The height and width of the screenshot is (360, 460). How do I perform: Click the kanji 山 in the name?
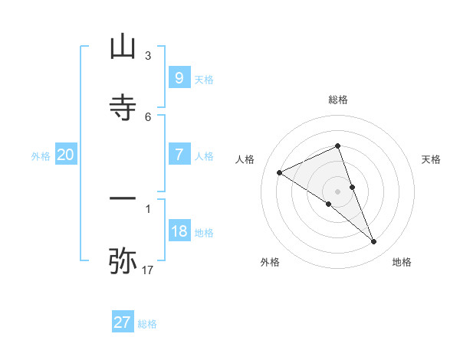coord(123,48)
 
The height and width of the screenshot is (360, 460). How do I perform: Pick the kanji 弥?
coord(123,260)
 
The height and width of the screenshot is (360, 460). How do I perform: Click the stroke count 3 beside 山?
coord(148,56)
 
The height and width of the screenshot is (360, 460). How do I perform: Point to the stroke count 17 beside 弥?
coord(148,270)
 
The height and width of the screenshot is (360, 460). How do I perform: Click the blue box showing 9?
coord(179,78)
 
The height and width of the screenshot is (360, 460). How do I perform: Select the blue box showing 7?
coord(179,155)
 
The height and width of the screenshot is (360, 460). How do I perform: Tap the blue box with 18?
coord(179,231)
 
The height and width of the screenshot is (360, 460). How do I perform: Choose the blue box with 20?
coord(65,155)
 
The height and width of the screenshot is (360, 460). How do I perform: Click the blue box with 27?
coord(122,322)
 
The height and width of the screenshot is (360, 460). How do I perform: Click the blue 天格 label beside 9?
coord(204,80)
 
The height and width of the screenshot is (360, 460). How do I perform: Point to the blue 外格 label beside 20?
coord(41,156)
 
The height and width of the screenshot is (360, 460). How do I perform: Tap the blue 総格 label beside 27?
coord(147,324)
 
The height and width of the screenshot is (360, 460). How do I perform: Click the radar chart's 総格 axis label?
coord(338,100)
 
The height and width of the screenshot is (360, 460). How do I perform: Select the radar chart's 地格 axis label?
coord(402,262)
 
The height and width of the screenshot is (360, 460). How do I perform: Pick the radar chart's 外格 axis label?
coord(270,262)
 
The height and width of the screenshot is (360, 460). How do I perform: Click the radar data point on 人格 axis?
coord(280,173)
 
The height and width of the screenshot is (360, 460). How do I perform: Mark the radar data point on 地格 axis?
coord(374,241)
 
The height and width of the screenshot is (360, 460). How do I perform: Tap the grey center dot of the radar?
coord(338,191)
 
